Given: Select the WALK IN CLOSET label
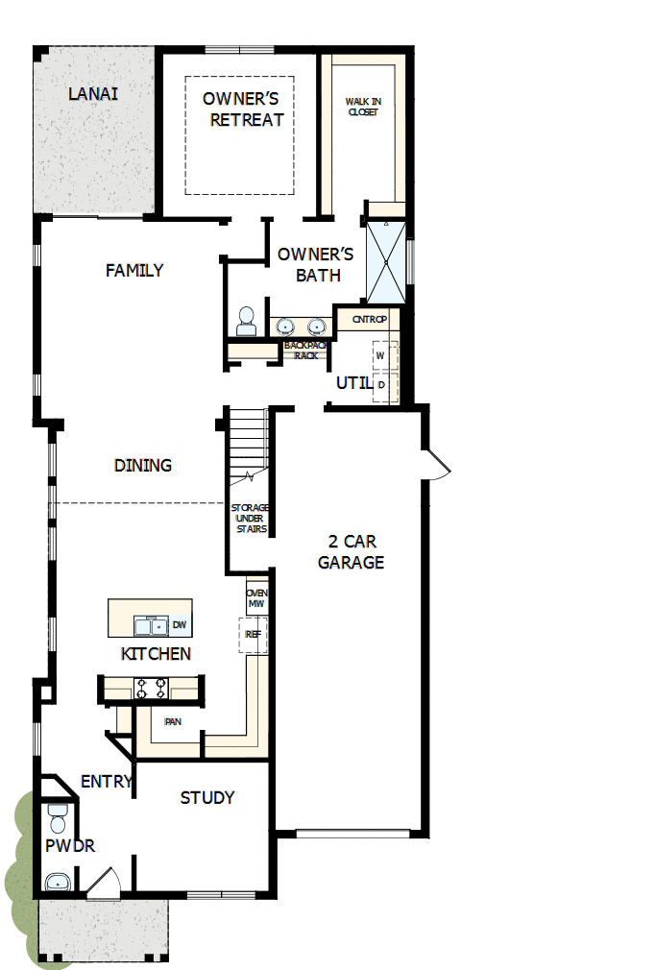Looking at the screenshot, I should coord(362,106).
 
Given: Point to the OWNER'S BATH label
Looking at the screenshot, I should coord(316,265).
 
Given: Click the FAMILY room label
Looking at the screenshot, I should coord(134,270).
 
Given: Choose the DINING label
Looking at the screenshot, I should coord(143,465).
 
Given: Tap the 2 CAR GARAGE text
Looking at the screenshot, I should coord(351,552).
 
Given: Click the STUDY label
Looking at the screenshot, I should coord(207,797).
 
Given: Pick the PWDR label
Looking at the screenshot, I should coord(69,846).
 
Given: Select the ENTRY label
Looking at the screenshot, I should coord(106,782).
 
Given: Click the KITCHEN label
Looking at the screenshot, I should coord(156,654).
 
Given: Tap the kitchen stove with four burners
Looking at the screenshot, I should coord(152,688).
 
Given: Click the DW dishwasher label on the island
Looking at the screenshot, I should coord(180,625).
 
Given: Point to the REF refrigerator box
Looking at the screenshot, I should coord(253,634).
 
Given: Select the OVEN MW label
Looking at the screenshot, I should coord(256,598).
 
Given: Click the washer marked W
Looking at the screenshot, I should coord(380,355).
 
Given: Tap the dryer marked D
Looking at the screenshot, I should coord(381,384).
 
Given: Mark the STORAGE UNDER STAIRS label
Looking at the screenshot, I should coord(251,518).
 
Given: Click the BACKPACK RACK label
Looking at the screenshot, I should coord(305,350).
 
